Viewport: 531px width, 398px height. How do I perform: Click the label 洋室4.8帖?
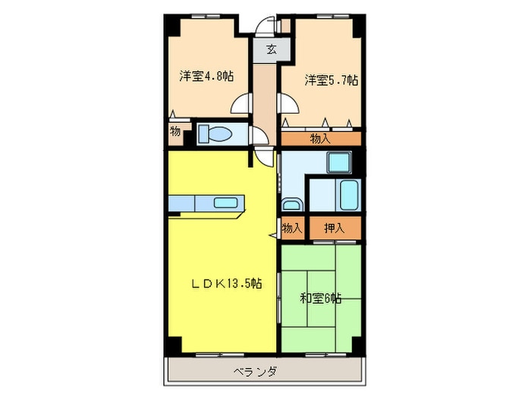206,76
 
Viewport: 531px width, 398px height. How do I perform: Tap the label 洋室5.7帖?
331,80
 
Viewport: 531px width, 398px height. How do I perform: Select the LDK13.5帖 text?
226,284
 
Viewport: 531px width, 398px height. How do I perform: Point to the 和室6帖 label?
319,299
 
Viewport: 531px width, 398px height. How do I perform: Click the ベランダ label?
255,372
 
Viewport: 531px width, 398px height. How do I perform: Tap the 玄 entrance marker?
271,51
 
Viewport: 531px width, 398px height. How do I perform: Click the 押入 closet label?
334,227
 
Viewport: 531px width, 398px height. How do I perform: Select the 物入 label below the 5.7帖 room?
320,138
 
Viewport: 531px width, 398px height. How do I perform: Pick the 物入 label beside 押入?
292,227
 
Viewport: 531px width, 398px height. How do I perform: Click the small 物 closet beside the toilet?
175,132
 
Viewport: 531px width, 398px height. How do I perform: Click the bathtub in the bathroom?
349,196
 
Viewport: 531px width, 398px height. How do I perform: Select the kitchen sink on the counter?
226,202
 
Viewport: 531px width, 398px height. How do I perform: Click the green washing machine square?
337,163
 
